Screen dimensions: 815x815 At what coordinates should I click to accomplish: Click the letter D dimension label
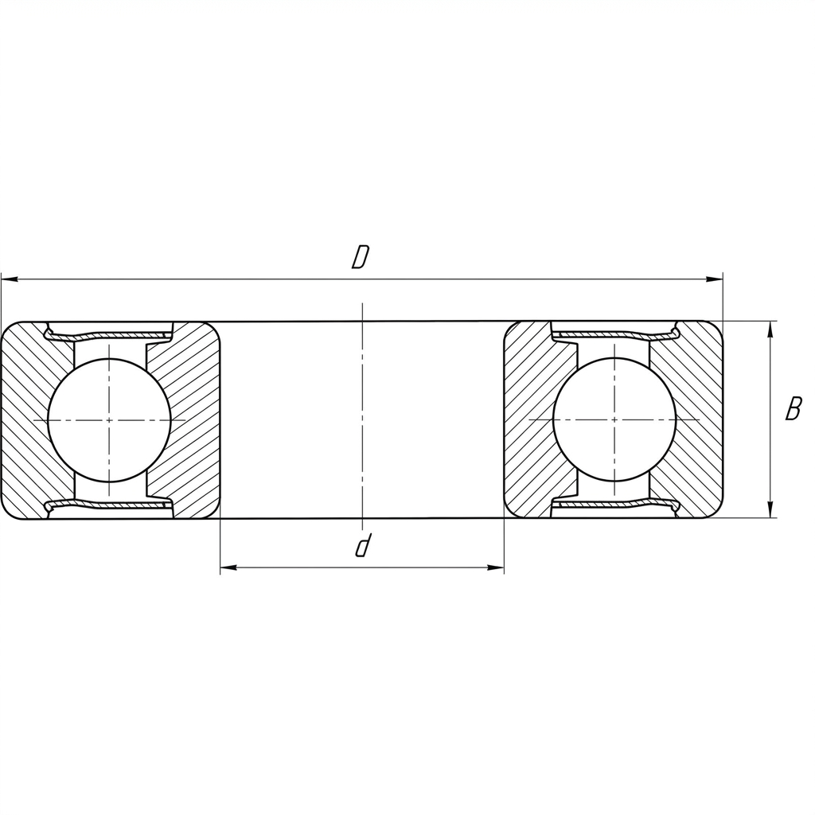tap(360, 257)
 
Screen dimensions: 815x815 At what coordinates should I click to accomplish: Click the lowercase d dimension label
tap(363, 545)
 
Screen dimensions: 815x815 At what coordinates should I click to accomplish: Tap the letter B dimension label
tap(794, 408)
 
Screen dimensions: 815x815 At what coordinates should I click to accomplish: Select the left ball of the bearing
tap(108, 420)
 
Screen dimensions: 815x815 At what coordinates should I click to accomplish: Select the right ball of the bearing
tap(614, 419)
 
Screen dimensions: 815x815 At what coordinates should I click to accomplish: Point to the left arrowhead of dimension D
tap(10, 279)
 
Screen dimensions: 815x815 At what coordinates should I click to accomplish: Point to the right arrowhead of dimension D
tap(714, 279)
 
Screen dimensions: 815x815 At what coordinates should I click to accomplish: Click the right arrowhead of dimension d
tap(495, 567)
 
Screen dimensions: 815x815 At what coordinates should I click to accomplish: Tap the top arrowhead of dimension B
tap(770, 330)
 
